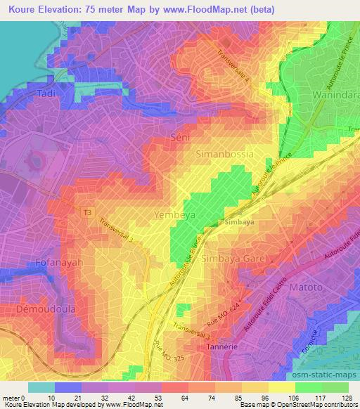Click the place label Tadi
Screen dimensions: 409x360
click(x=27, y=93)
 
